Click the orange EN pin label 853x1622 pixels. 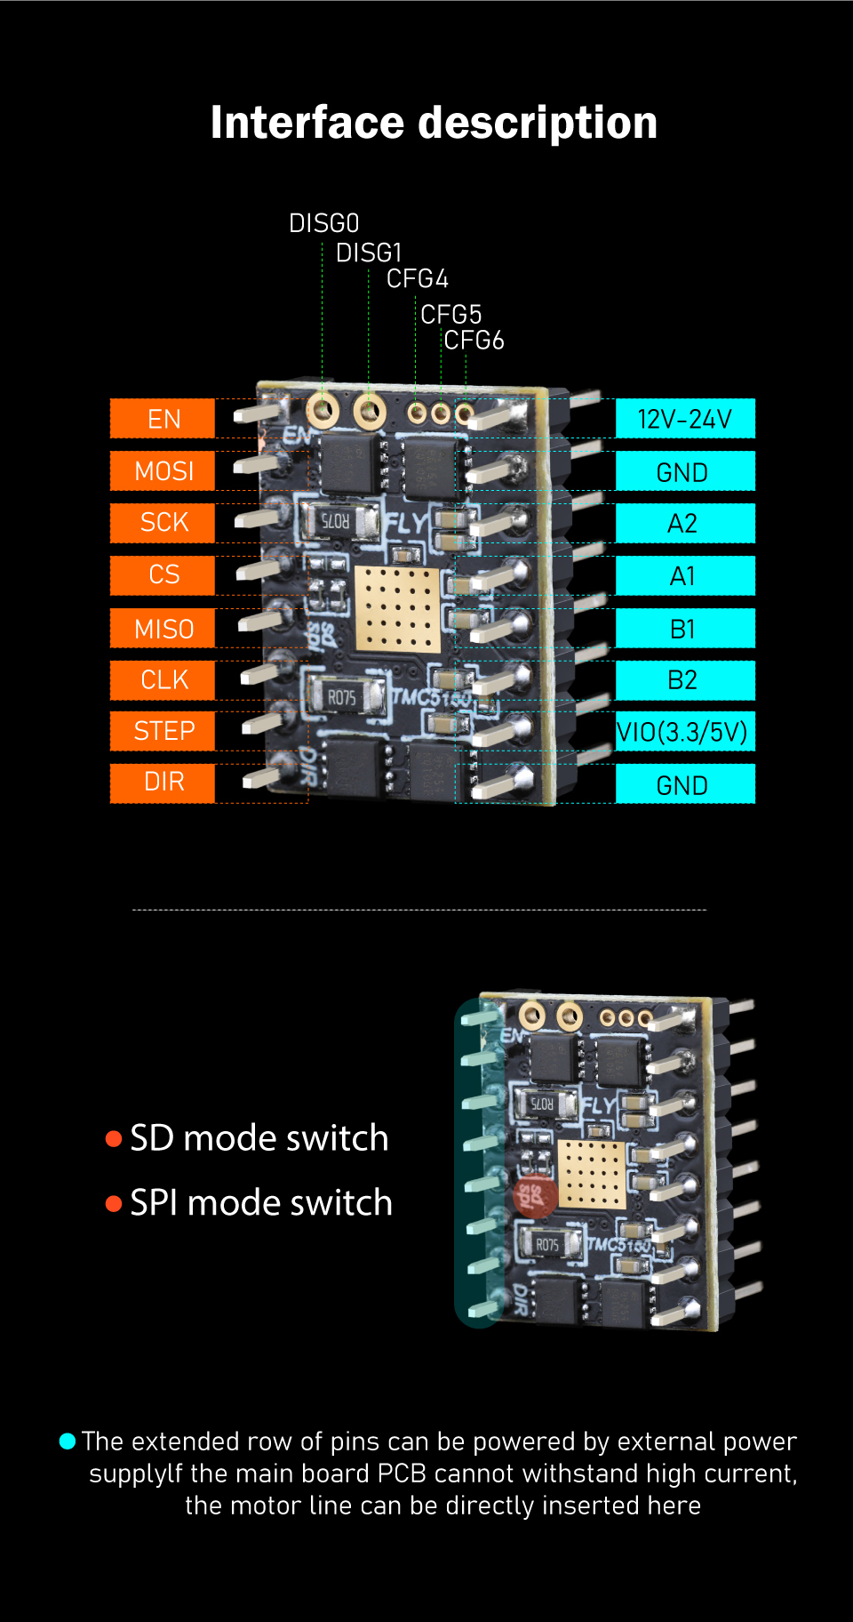pyautogui.click(x=163, y=419)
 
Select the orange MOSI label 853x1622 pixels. pyautogui.click(x=163, y=470)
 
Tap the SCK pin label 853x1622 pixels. pyautogui.click(x=163, y=523)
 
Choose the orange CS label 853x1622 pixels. pyautogui.click(x=163, y=575)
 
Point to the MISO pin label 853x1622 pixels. pyautogui.click(x=163, y=628)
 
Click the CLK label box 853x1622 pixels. pyautogui.click(x=163, y=680)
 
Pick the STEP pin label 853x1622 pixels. pyautogui.click(x=163, y=731)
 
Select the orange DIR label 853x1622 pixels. pyautogui.click(x=163, y=783)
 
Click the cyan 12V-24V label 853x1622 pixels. pyautogui.click(x=685, y=419)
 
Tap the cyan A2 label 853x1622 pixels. pyautogui.click(x=685, y=523)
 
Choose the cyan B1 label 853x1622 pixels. pyautogui.click(x=685, y=628)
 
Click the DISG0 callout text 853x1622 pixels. pyautogui.click(x=323, y=223)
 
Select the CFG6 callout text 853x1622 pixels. pyautogui.click(x=474, y=341)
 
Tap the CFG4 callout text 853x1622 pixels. pyautogui.click(x=417, y=279)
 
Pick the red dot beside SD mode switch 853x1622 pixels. pyautogui.click(x=114, y=1139)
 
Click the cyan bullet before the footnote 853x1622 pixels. pyautogui.click(x=68, y=1441)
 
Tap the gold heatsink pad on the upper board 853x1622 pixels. pyautogui.click(x=397, y=609)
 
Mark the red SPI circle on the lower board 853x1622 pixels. pyautogui.click(x=537, y=1196)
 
